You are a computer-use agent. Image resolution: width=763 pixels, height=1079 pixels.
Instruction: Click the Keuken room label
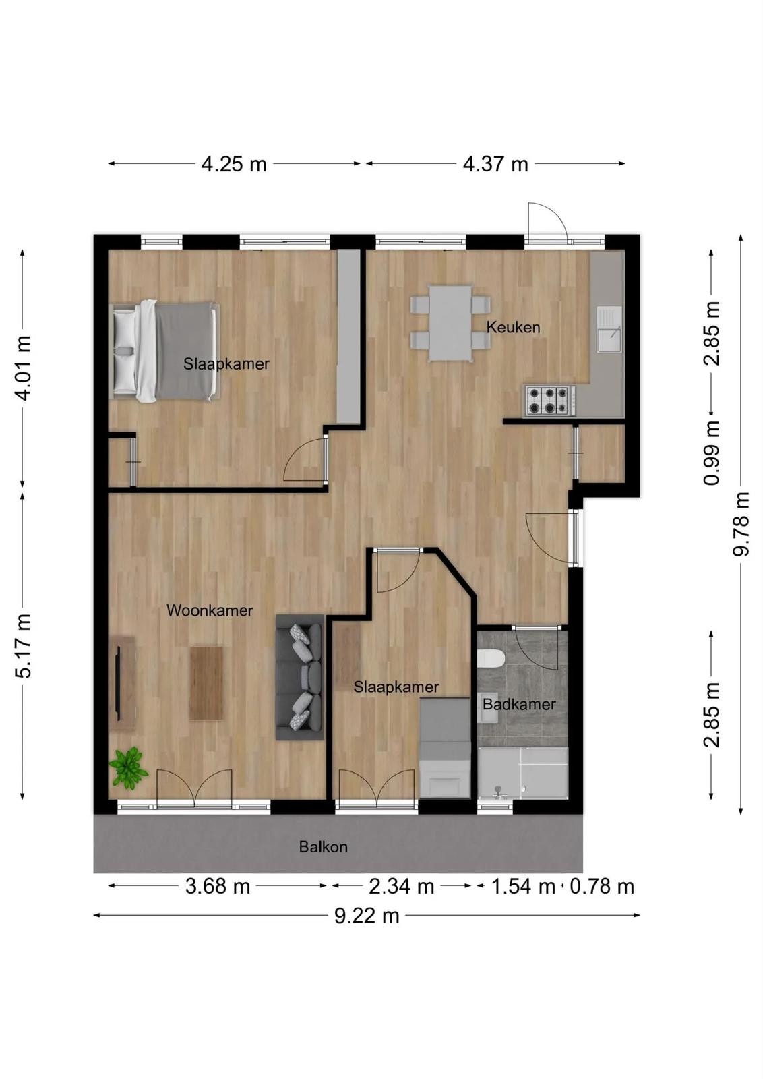pos(513,328)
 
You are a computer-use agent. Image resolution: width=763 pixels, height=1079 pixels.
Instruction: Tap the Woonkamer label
pos(210,611)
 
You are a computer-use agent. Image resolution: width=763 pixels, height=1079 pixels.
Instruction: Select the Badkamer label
pos(519,705)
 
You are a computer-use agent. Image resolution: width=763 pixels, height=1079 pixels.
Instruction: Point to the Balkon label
pos(323,847)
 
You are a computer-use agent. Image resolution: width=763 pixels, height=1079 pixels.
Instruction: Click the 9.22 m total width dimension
pos(367,916)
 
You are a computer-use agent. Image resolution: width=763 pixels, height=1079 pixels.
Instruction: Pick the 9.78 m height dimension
pos(741,523)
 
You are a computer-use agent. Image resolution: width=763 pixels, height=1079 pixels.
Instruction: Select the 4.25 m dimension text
pos(233,165)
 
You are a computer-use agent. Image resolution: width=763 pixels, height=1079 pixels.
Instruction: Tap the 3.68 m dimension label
pos(218,886)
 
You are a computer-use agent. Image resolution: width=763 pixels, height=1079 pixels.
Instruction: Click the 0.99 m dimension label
pos(712,453)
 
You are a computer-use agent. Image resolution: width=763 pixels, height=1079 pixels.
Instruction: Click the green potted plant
pos(128,768)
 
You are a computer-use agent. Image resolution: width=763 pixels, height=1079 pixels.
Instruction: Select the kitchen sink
pos(609,330)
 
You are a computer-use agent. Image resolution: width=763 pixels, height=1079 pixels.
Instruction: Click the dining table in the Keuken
pos(450,323)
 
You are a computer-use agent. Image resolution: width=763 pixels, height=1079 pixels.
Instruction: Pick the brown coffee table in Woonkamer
pos(206,683)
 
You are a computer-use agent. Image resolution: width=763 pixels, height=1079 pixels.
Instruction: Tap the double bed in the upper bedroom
pos(164,351)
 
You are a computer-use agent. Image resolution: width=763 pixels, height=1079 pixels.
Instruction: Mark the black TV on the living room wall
pos(117,684)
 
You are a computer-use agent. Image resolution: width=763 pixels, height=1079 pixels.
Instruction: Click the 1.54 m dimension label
pos(523,886)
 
